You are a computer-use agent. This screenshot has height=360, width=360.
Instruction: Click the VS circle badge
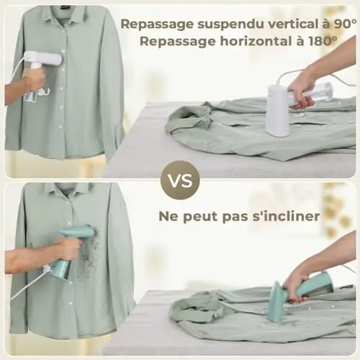[180, 180]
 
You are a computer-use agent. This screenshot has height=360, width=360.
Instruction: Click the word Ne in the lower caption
[168, 216]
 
